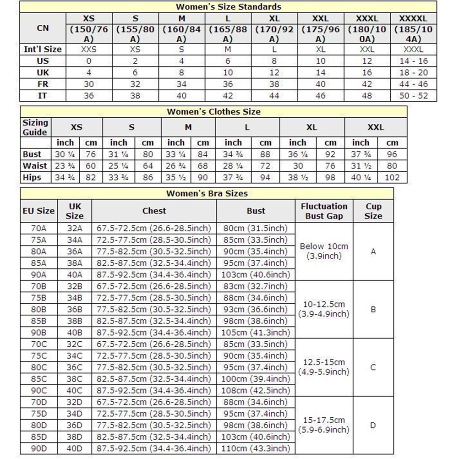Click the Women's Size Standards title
[x=229, y=7]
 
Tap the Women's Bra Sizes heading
[x=207, y=193]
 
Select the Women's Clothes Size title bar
[x=213, y=112]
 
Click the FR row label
[x=43, y=84]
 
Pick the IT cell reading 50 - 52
[x=414, y=96]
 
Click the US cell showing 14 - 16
[x=414, y=61]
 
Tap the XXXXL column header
[x=414, y=19]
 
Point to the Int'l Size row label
[x=43, y=49]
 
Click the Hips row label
[x=32, y=177]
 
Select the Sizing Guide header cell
[x=35, y=127]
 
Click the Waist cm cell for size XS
[x=91, y=166]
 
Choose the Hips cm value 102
[x=392, y=177]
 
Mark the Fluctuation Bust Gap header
[x=324, y=211]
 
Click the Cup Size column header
[x=373, y=211]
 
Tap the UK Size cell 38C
[x=75, y=379]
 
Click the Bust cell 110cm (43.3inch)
[x=256, y=448]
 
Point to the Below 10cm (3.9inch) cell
[x=324, y=251]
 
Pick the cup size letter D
[x=373, y=425]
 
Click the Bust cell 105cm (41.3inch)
[x=256, y=333]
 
